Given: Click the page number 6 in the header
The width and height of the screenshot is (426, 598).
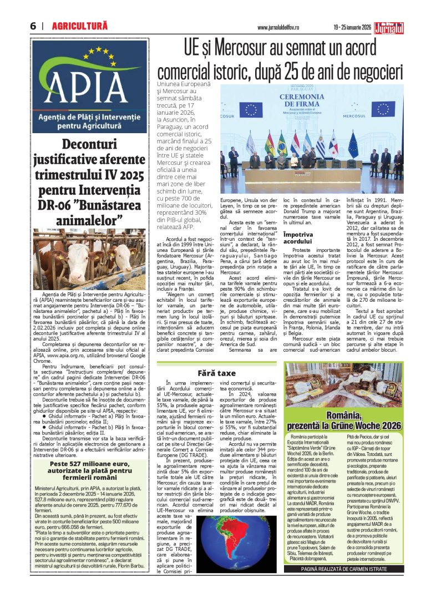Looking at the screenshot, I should coord(33,26).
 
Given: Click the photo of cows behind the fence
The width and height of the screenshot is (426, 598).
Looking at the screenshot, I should coord(89,259).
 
